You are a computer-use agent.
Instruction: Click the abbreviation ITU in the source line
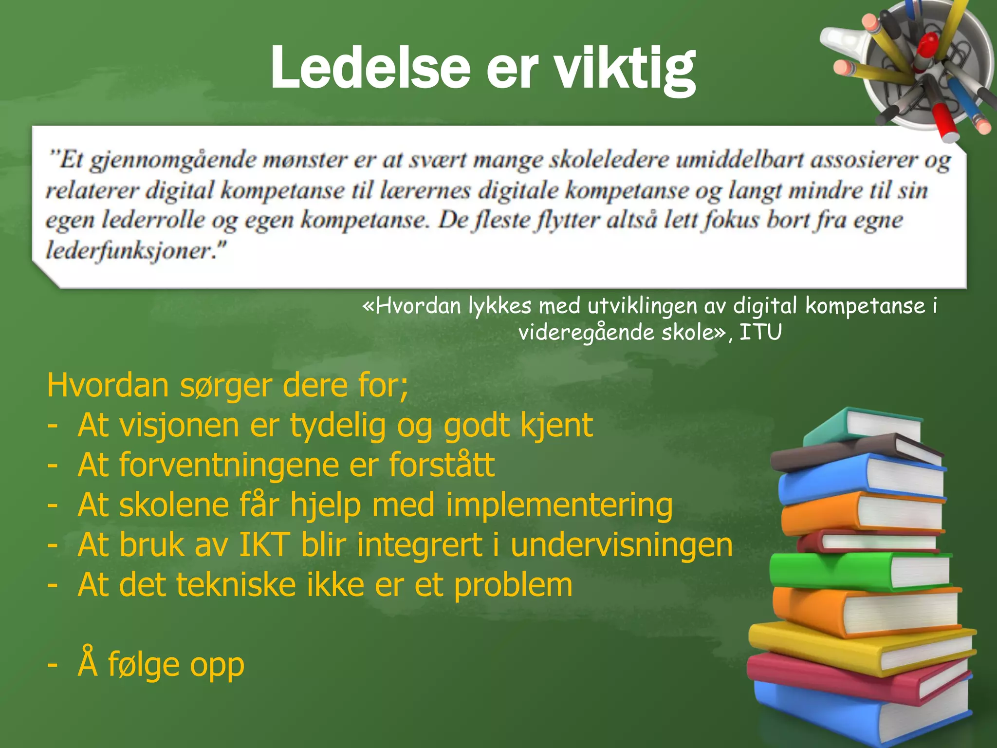pos(760,333)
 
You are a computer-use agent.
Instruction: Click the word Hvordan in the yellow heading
pos(108,385)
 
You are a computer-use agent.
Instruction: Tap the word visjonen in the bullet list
pos(179,425)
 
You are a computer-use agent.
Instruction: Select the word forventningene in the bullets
pos(228,465)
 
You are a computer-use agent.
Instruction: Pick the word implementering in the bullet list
pos(559,505)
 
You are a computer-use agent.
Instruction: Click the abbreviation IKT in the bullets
pos(264,544)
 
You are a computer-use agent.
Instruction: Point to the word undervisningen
pos(622,544)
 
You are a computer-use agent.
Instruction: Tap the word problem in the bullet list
pos(513,585)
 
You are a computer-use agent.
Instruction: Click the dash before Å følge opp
pos(53,664)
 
